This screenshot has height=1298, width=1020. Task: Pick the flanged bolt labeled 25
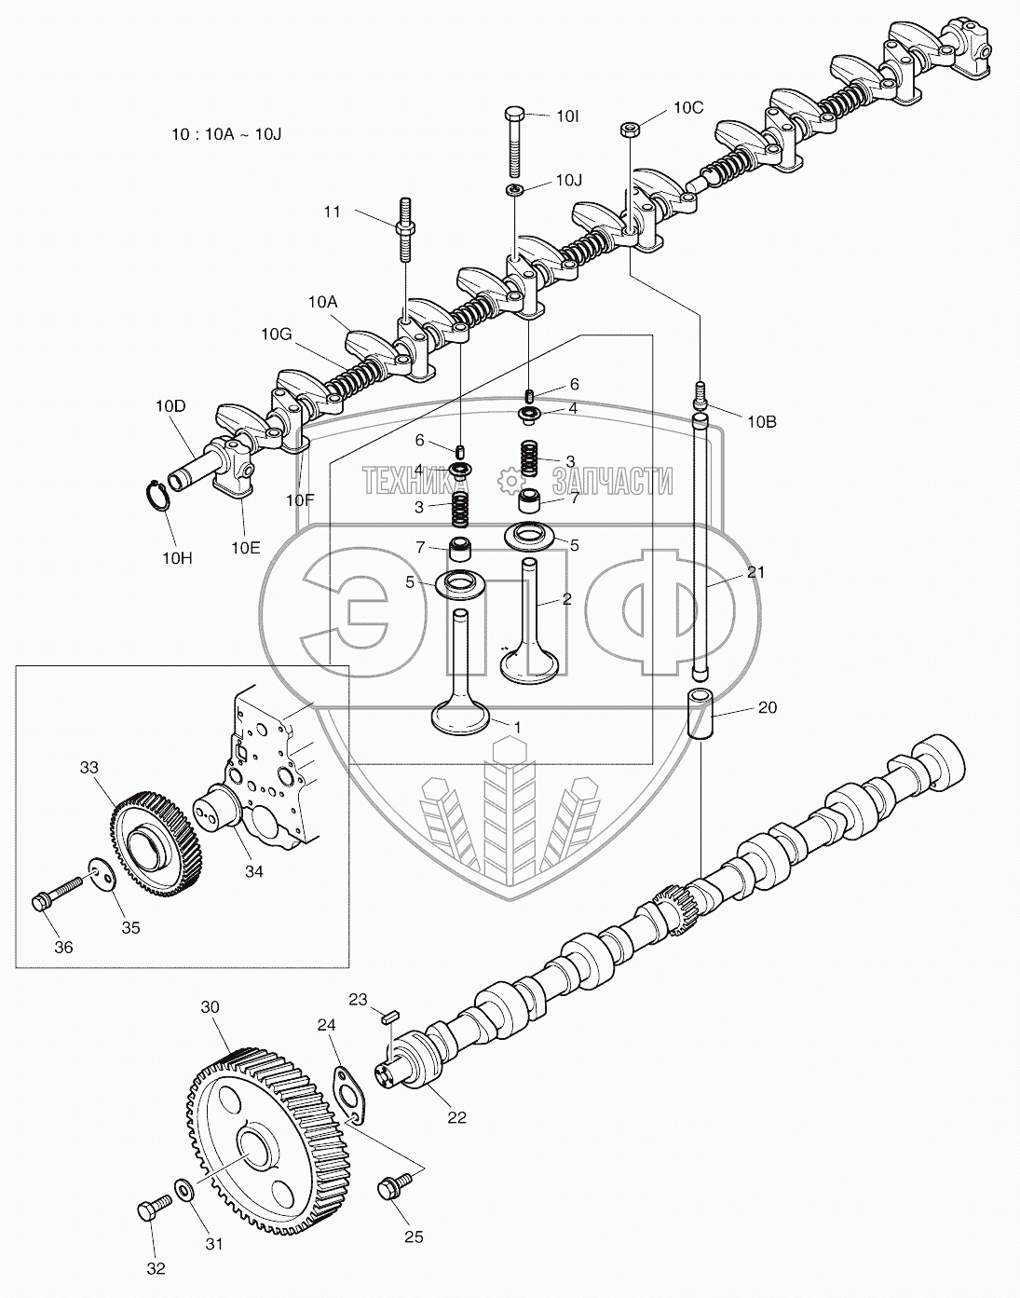click(x=391, y=1189)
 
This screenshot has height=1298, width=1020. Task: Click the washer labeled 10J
click(x=515, y=190)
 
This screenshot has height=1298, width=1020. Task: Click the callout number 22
click(x=456, y=1117)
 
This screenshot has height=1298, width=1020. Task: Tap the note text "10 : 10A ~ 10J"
click(x=226, y=133)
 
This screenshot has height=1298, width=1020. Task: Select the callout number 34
click(x=253, y=871)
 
